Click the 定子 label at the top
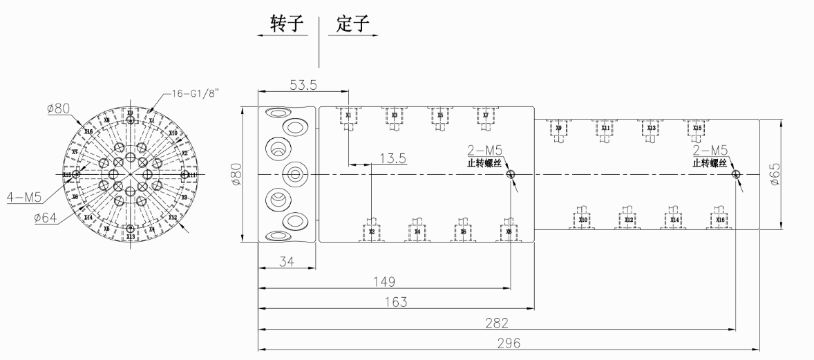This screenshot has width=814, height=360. click(x=352, y=25)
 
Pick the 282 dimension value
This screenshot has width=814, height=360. click(x=496, y=322)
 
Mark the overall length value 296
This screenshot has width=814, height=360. click(x=509, y=343)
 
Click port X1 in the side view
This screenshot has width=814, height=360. click(x=348, y=115)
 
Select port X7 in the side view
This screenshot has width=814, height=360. click(x=486, y=115)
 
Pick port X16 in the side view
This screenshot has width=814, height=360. click(x=721, y=220)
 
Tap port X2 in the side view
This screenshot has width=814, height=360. click(x=372, y=231)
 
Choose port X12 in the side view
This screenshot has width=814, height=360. click(x=629, y=220)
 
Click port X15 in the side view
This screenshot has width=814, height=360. click(x=697, y=128)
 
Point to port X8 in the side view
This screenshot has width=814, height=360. click(x=509, y=231)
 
